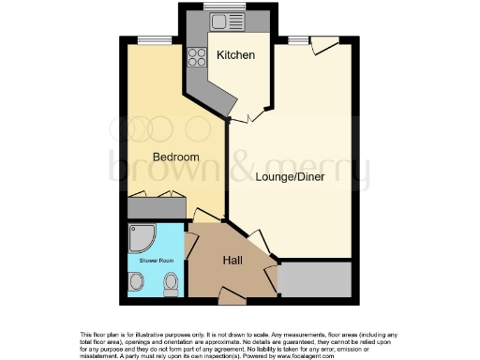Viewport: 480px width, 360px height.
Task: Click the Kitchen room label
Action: point(235,55)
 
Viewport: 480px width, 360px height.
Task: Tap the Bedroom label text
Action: point(176,157)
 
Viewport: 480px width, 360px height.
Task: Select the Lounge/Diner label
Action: point(290,176)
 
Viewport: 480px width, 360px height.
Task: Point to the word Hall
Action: point(234,262)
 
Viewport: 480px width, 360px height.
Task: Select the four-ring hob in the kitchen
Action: point(198,55)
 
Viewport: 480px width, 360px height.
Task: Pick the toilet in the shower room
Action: point(171,283)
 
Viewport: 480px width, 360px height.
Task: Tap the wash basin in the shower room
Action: point(137,282)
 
